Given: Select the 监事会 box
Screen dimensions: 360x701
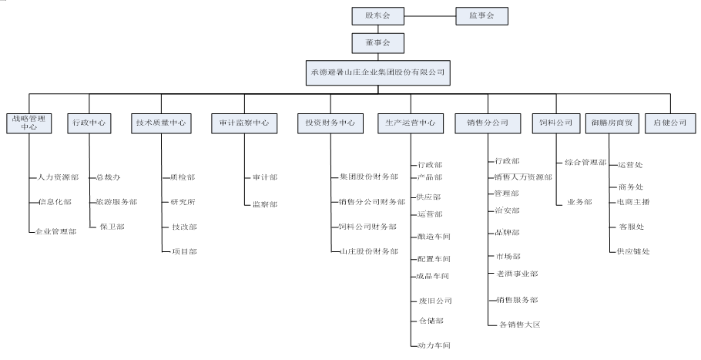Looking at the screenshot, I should (481, 15).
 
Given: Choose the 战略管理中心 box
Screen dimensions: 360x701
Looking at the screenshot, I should (29, 123).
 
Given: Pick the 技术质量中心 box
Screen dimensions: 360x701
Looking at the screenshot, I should (160, 123).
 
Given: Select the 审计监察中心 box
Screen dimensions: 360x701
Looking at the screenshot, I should (244, 123).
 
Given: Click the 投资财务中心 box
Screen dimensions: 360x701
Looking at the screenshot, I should (330, 123).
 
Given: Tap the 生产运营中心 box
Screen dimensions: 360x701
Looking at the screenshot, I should (411, 123).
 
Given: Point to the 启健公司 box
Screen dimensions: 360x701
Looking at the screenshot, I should (669, 123).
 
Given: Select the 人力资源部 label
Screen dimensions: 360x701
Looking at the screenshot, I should (58, 177).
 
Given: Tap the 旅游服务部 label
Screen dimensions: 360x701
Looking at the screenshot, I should (116, 201).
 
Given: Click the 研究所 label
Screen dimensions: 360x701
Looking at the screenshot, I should (183, 201).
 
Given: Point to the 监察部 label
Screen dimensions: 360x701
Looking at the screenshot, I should (264, 204).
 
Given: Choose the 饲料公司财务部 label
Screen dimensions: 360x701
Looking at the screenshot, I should (368, 227).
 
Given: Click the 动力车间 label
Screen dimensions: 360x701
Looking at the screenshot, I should (433, 345).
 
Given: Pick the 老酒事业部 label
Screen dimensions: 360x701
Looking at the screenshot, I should (516, 274).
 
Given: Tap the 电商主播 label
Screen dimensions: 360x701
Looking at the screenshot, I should (633, 202).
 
